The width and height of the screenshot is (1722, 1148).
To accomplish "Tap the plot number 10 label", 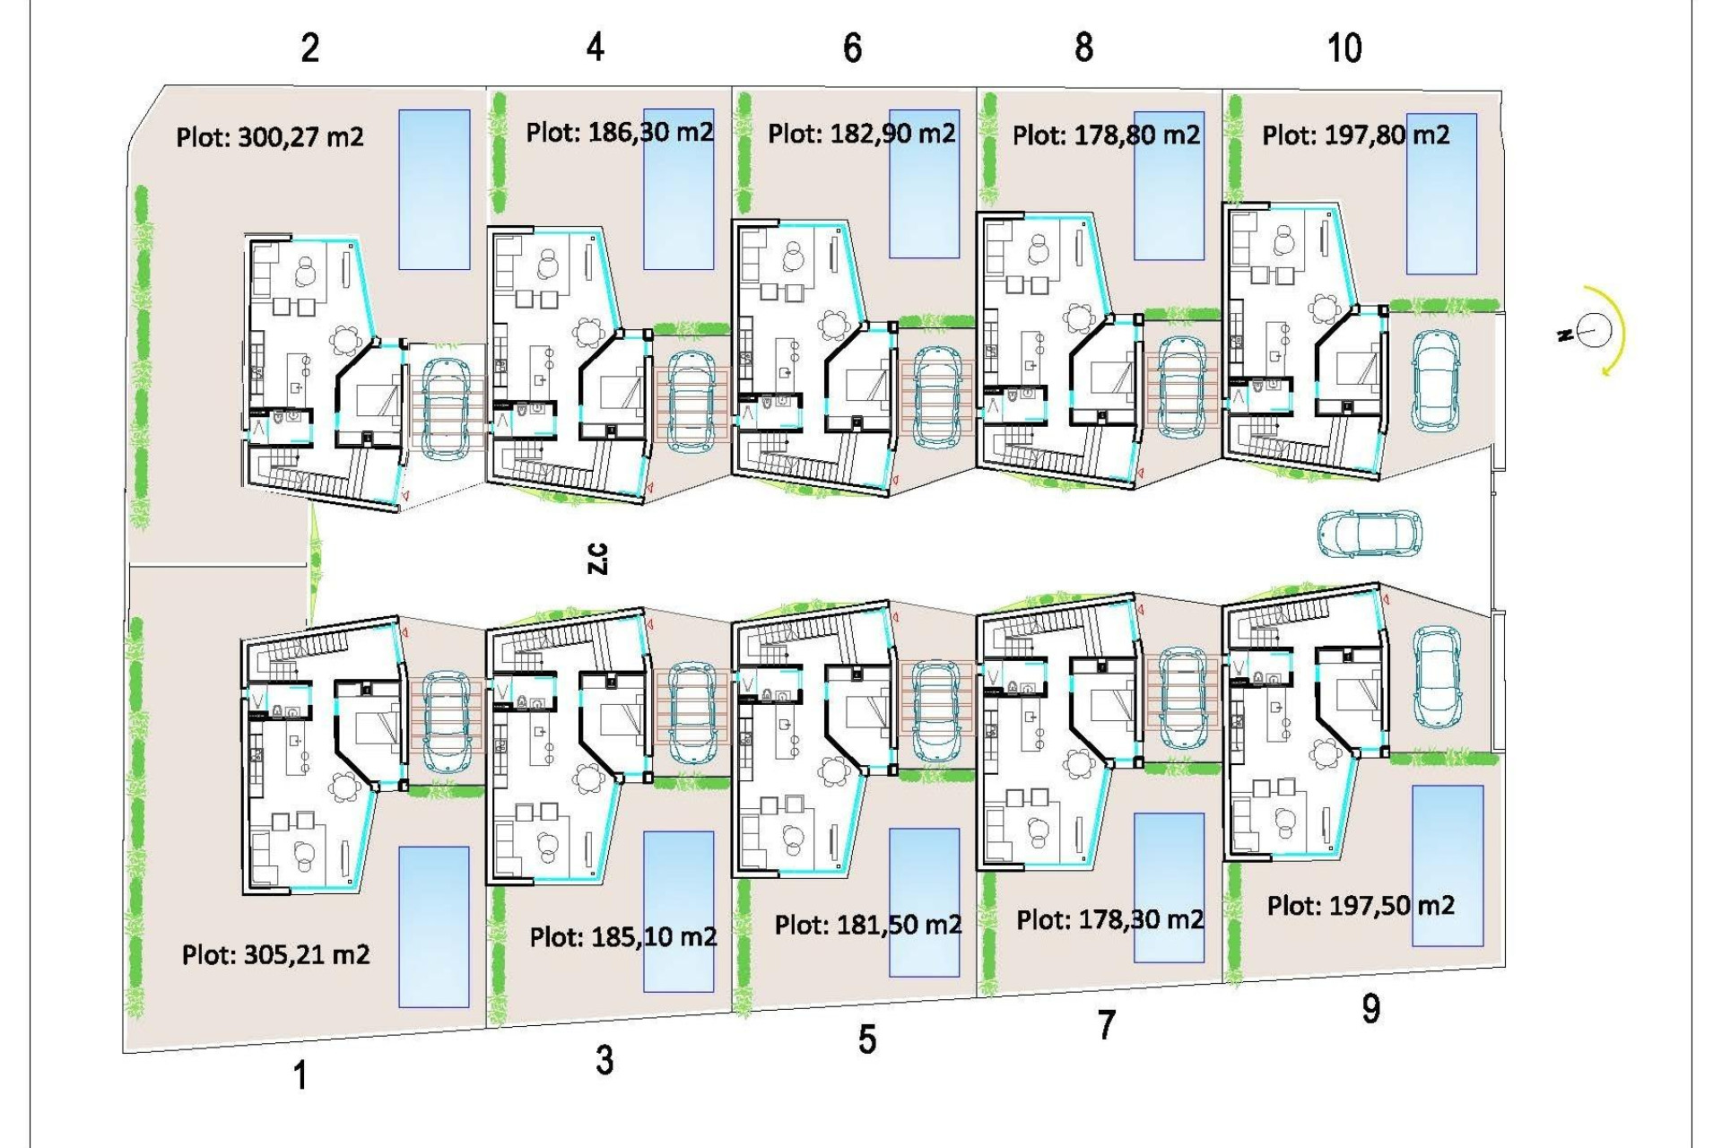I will point(1344,48).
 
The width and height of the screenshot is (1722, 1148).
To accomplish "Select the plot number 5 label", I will point(866,1039).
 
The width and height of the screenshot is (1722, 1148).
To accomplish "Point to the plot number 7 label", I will point(1107,1025).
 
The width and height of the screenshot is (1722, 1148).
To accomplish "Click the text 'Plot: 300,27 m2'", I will point(270,137).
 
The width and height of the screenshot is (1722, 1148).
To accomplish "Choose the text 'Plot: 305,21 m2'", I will point(275,954).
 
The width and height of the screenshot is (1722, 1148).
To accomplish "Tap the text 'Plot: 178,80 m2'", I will point(1106,135).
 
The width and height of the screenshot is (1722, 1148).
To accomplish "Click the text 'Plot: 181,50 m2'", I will point(868,925).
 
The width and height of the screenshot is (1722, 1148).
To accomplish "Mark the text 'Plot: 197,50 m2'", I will point(1361,906).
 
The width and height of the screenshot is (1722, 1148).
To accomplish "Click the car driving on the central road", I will point(1370,534).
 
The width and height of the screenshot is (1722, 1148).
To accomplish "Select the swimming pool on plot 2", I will point(434,189).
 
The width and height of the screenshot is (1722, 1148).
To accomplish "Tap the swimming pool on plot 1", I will point(434,926).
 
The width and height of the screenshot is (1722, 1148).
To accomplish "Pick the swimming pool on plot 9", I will point(1448,865).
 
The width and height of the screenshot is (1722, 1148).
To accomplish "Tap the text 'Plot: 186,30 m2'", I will point(620,133).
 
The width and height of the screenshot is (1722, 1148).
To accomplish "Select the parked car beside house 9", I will point(1437,677).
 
